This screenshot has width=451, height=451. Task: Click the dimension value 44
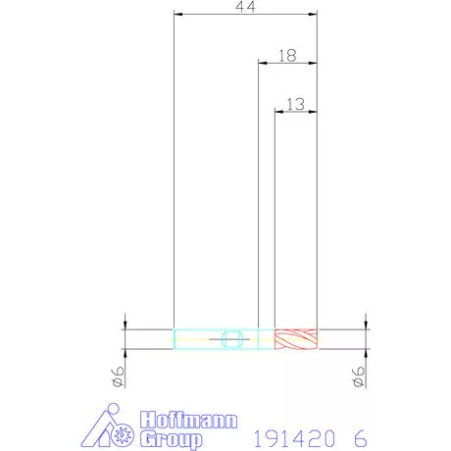(245, 7)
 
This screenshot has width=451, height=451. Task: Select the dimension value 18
(287, 56)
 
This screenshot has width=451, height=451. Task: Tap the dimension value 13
(295, 105)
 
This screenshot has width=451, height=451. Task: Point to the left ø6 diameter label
(118, 376)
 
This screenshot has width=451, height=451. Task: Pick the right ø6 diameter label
(358, 376)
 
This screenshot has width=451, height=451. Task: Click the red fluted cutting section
(296, 339)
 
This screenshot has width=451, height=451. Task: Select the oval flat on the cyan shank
(232, 339)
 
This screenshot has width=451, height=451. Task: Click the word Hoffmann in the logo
(189, 420)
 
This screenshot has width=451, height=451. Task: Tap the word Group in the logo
(172, 439)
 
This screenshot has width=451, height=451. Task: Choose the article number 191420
(295, 438)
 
